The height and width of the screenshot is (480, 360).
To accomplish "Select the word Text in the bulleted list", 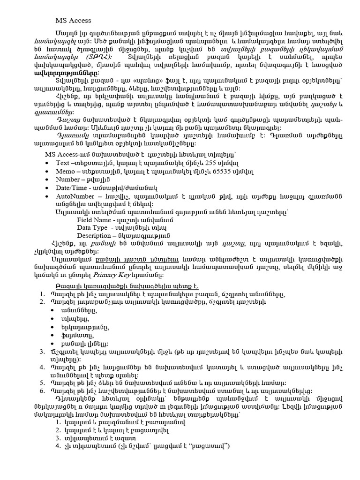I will click(x=63, y=163).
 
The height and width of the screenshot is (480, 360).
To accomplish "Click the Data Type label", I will click(x=91, y=227).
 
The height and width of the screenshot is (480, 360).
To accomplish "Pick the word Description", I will click(x=94, y=235).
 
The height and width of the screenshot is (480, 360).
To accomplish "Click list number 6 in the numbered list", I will click(x=42, y=390).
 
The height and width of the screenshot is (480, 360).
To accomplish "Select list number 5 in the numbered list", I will click(x=42, y=382).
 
